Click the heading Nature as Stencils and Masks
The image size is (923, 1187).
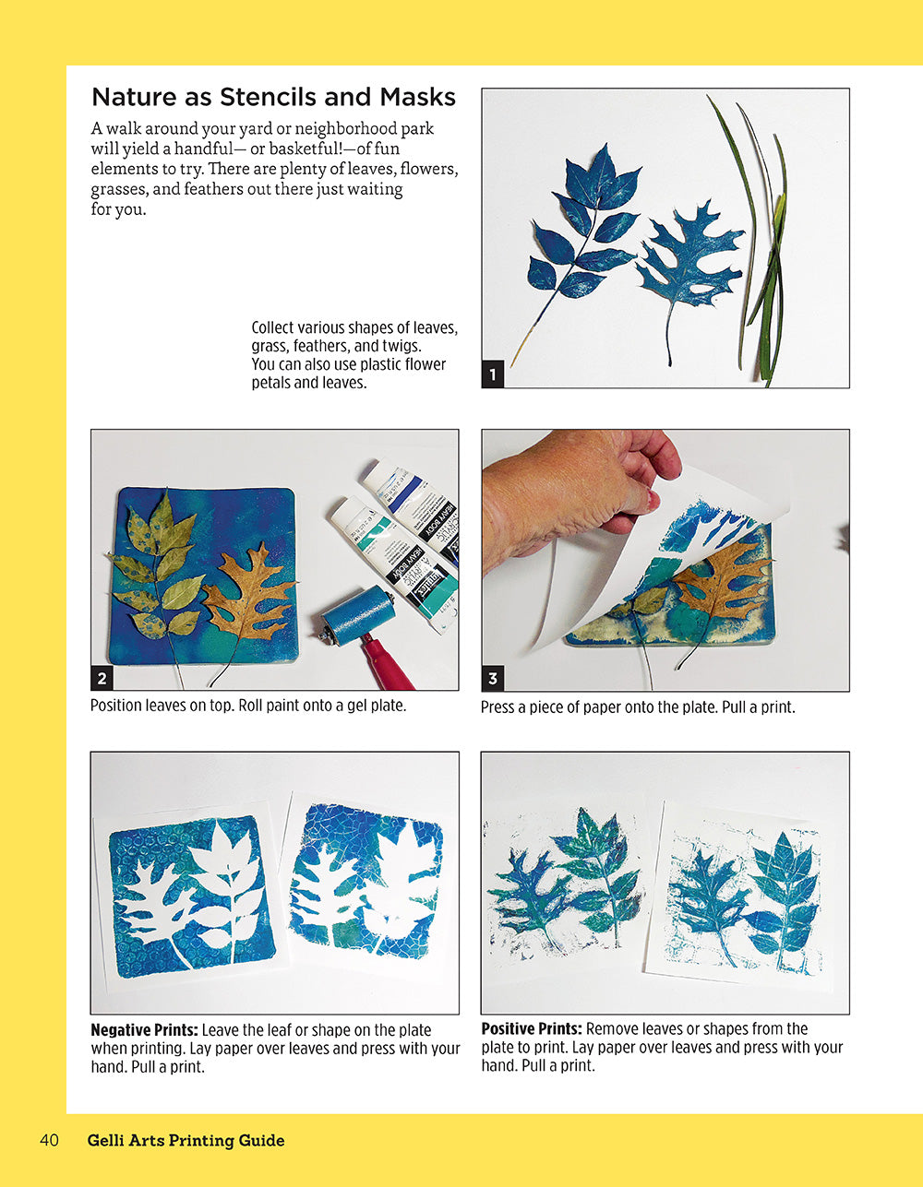(273, 97)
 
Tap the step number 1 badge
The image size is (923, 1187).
(493, 375)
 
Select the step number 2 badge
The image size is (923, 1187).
(102, 679)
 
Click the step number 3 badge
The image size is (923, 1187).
(493, 679)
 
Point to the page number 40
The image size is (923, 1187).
(49, 1141)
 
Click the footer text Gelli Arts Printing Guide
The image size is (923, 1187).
(186, 1141)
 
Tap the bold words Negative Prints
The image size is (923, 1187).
(144, 1030)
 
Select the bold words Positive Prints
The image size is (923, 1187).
(532, 1028)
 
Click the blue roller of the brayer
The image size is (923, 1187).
(358, 616)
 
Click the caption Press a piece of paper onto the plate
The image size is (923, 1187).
(637, 708)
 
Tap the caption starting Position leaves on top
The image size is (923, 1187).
(247, 706)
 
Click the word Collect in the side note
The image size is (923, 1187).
(274, 328)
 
